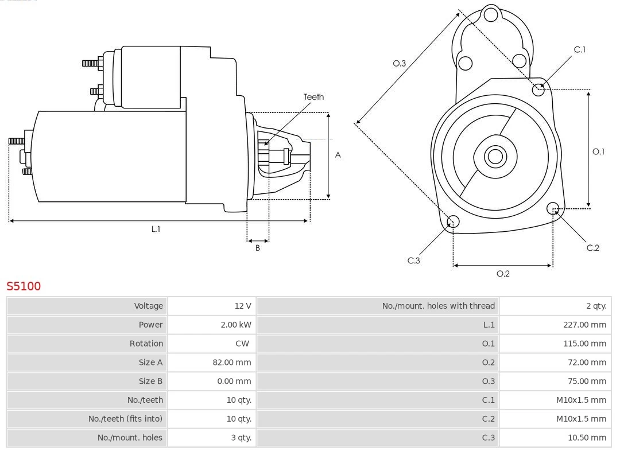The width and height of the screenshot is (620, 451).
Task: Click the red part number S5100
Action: point(24,286)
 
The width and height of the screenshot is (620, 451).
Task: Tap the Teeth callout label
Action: point(313,97)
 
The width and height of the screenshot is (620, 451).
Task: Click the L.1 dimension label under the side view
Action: point(156,229)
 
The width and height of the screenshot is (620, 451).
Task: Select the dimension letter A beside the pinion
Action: point(338,155)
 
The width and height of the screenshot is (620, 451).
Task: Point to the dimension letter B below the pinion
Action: point(258,248)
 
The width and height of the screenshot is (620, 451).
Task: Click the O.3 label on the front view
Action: point(399,63)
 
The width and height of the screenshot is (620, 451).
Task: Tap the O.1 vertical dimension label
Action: point(598,151)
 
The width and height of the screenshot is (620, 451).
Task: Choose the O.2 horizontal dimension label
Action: point(503,274)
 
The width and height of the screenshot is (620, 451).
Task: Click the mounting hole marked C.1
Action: point(538,90)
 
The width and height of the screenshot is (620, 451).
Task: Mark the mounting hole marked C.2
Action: point(553,208)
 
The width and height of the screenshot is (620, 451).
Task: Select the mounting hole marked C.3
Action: point(453,222)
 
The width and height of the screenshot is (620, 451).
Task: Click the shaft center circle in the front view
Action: point(494,156)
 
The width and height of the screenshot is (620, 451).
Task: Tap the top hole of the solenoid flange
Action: point(491,15)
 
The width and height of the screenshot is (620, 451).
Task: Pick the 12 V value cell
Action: point(243,306)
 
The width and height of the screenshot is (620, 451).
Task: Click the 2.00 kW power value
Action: point(236,325)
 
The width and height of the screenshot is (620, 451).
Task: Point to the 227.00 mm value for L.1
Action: point(584,325)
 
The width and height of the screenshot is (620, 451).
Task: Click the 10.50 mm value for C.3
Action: point(587,438)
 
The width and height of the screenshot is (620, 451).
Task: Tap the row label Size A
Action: point(150,362)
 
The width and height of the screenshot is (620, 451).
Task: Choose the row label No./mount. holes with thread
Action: point(438,306)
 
